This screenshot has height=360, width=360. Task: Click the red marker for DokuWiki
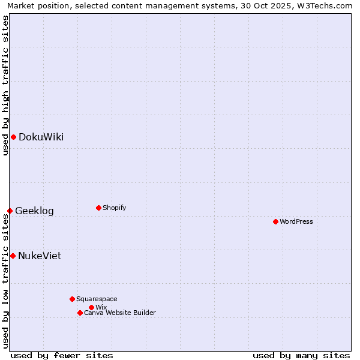(13, 137)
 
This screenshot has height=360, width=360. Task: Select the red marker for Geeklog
(10, 211)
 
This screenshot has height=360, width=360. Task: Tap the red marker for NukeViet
(13, 256)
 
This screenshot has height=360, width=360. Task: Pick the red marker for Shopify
(98, 208)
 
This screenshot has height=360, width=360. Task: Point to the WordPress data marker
(275, 221)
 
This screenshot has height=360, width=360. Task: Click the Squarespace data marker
(72, 299)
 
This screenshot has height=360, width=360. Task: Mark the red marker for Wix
(91, 307)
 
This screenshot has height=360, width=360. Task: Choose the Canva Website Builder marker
(80, 313)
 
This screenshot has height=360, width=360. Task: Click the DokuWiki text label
(41, 137)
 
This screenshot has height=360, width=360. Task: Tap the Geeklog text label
(34, 211)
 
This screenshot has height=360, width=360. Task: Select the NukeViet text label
(40, 256)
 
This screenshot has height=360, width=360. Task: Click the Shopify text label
(114, 208)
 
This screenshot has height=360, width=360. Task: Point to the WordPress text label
(296, 221)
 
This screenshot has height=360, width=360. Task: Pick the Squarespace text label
(97, 299)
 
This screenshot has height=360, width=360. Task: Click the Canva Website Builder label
(120, 313)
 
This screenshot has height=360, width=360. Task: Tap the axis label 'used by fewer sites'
(62, 355)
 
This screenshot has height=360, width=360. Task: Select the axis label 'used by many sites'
(301, 355)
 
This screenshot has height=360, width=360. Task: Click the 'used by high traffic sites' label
(5, 85)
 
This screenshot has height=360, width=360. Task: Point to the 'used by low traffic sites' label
(5, 281)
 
